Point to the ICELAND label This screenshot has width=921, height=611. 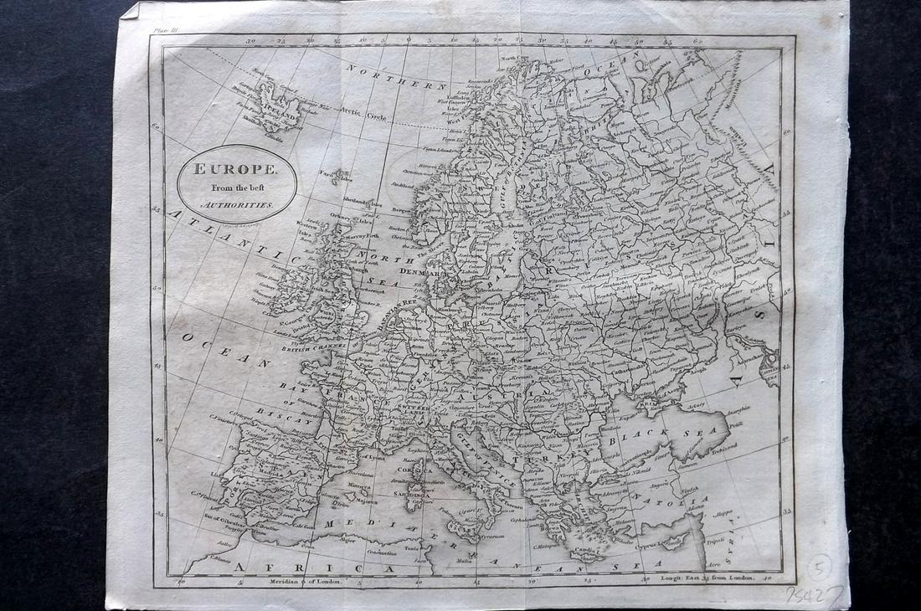point(277,110)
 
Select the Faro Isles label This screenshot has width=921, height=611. point(337,176)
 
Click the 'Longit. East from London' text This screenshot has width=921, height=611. point(708,578)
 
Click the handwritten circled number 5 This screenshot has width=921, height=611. point(819,567)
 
